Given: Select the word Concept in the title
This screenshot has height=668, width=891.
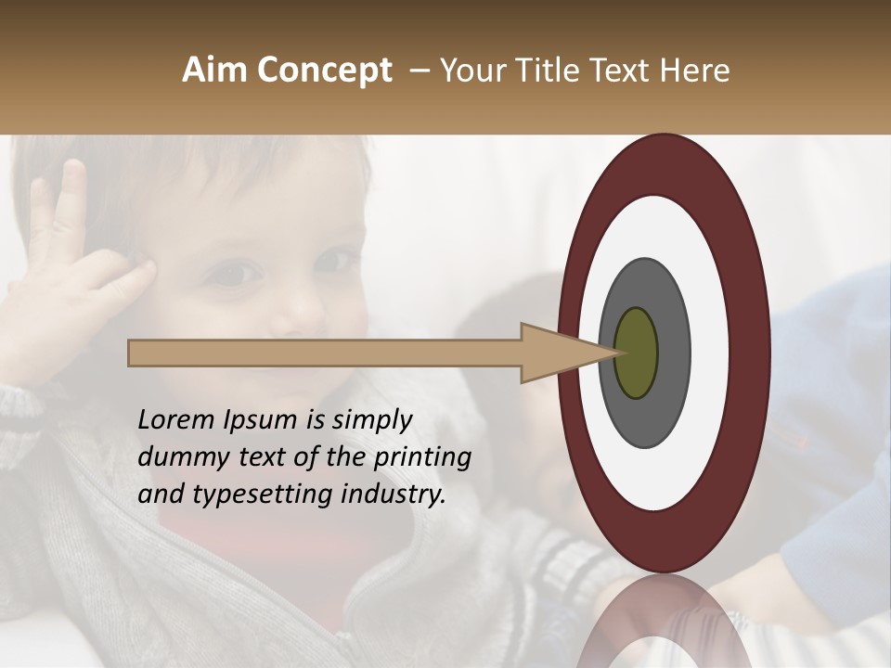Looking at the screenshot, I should pyautogui.click(x=324, y=71).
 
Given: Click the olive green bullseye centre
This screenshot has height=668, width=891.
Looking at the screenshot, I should pyautogui.click(x=636, y=353).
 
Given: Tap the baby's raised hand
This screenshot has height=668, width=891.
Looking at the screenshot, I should pyautogui.click(x=70, y=269).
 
